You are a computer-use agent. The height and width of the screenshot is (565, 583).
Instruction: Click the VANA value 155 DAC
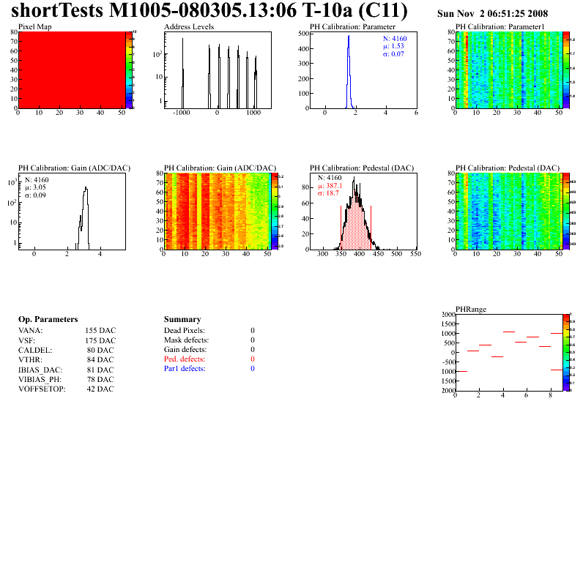100,331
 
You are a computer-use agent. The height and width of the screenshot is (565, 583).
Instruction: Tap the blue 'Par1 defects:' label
185,369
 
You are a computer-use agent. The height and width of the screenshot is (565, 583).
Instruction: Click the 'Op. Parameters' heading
48,320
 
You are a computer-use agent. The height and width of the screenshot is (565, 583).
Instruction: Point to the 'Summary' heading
182,320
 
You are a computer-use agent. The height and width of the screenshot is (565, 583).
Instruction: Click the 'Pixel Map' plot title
35,27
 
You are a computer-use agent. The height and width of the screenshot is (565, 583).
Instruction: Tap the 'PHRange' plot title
469,309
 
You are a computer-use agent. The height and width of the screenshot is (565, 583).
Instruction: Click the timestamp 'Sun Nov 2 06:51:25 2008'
492,14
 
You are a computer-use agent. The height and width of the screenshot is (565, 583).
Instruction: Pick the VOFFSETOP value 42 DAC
100,389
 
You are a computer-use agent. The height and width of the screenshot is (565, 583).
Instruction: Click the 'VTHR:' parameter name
31,359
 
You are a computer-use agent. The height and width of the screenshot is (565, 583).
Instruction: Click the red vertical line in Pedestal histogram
371,227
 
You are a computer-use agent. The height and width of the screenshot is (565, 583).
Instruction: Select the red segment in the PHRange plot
532,337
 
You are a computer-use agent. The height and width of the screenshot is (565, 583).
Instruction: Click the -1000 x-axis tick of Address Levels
181,113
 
